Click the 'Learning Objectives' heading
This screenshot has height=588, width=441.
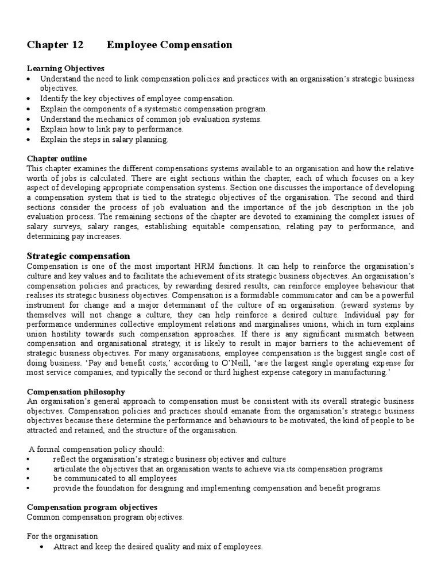pyautogui.click(x=65, y=68)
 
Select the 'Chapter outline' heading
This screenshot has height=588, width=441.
pyautogui.click(x=57, y=158)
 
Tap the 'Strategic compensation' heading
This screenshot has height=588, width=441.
pyautogui.click(x=79, y=256)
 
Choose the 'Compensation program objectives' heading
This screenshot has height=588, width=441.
pyautogui.click(x=92, y=508)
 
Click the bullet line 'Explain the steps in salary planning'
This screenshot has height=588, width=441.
pyautogui.click(x=105, y=140)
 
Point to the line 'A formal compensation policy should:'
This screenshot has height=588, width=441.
pyautogui.click(x=96, y=449)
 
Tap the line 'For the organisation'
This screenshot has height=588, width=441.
pyautogui.click(x=63, y=536)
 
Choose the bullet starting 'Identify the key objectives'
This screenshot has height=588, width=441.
pyautogui.click(x=137, y=98)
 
